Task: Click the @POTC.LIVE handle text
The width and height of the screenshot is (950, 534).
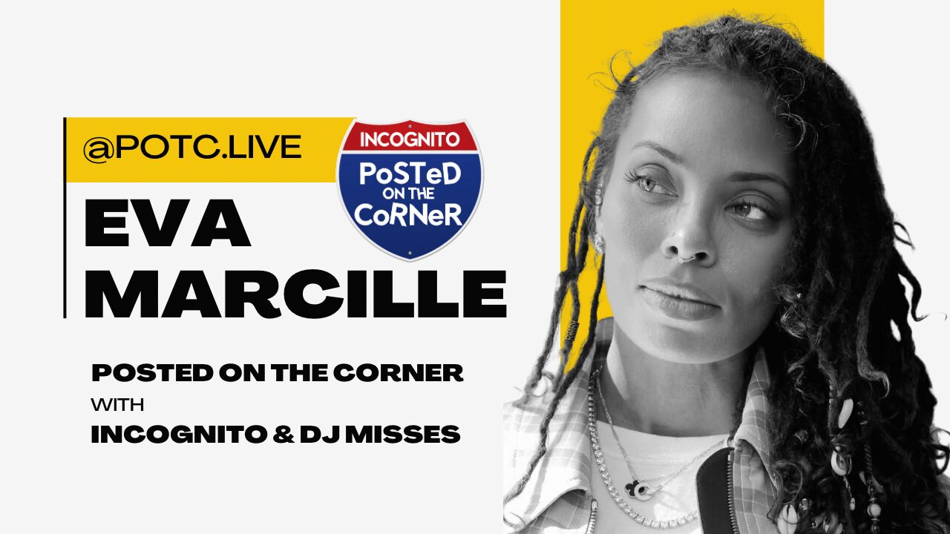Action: pos(192,148)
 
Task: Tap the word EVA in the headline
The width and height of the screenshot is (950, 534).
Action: pos(167,222)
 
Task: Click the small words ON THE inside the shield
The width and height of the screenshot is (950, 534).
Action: pos(410,194)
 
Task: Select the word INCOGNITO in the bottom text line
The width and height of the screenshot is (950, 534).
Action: pos(178,434)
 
